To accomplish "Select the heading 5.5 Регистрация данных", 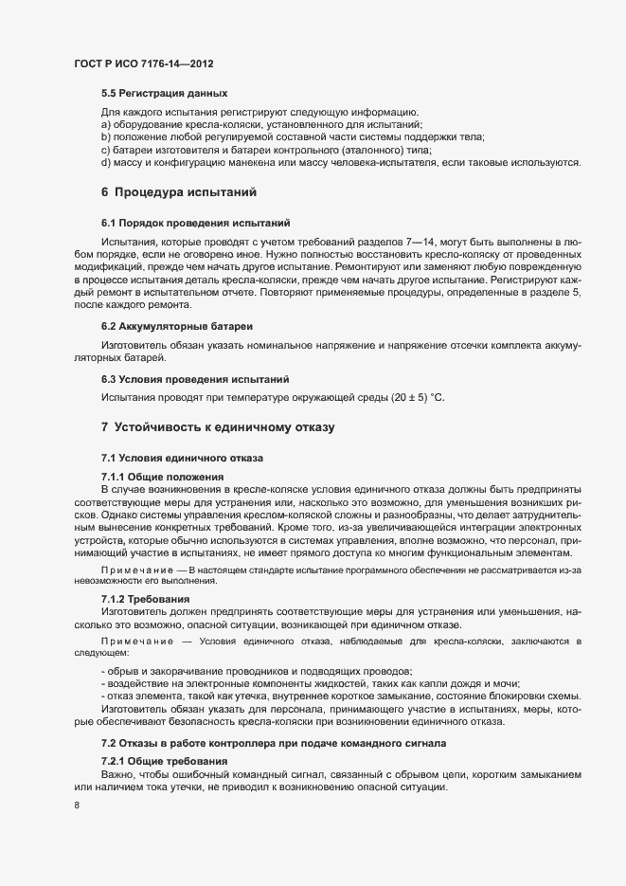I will pyautogui.click(x=164, y=94).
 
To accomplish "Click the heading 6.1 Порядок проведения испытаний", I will pyautogui.click(x=194, y=225).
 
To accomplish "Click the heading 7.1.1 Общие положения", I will pyautogui.click(x=162, y=476).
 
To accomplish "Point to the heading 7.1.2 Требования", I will pyautogui.click(x=146, y=600).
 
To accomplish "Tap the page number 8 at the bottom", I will pyautogui.click(x=77, y=806).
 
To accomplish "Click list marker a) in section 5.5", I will pyautogui.click(x=106, y=124).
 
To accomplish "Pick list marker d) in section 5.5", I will pyautogui.click(x=106, y=162).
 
